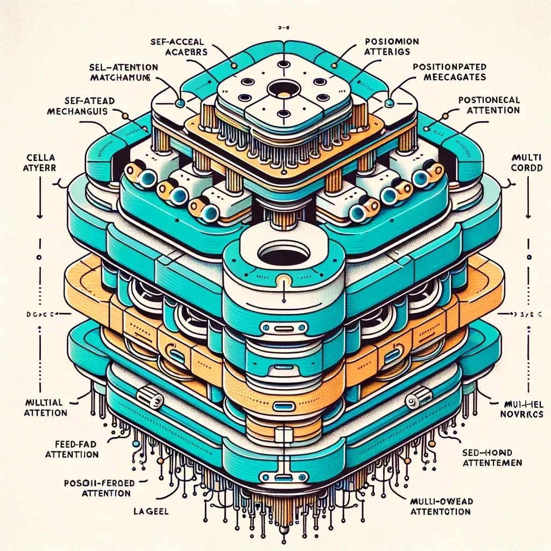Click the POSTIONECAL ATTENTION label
[x=489, y=105]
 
